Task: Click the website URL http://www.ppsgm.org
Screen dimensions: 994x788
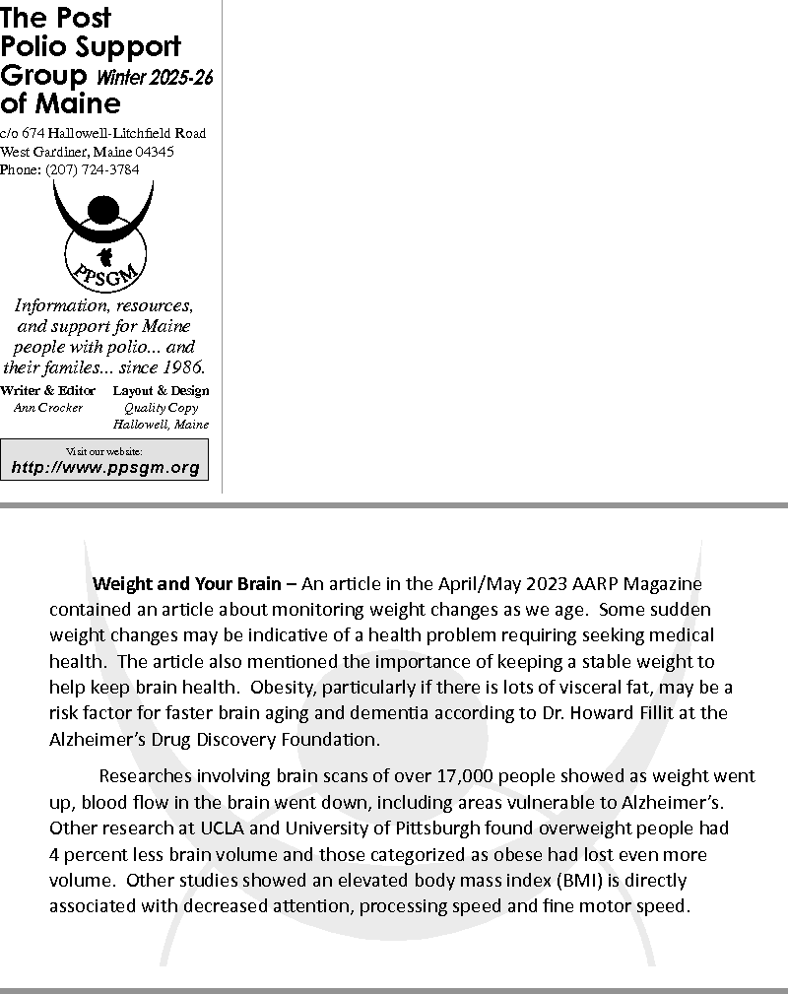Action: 105,468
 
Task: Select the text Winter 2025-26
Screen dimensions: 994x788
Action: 155,78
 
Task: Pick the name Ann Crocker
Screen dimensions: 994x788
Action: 48,408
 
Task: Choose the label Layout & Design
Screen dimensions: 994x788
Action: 161,391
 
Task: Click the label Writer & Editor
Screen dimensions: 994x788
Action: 48,391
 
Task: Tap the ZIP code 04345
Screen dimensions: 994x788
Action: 155,152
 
